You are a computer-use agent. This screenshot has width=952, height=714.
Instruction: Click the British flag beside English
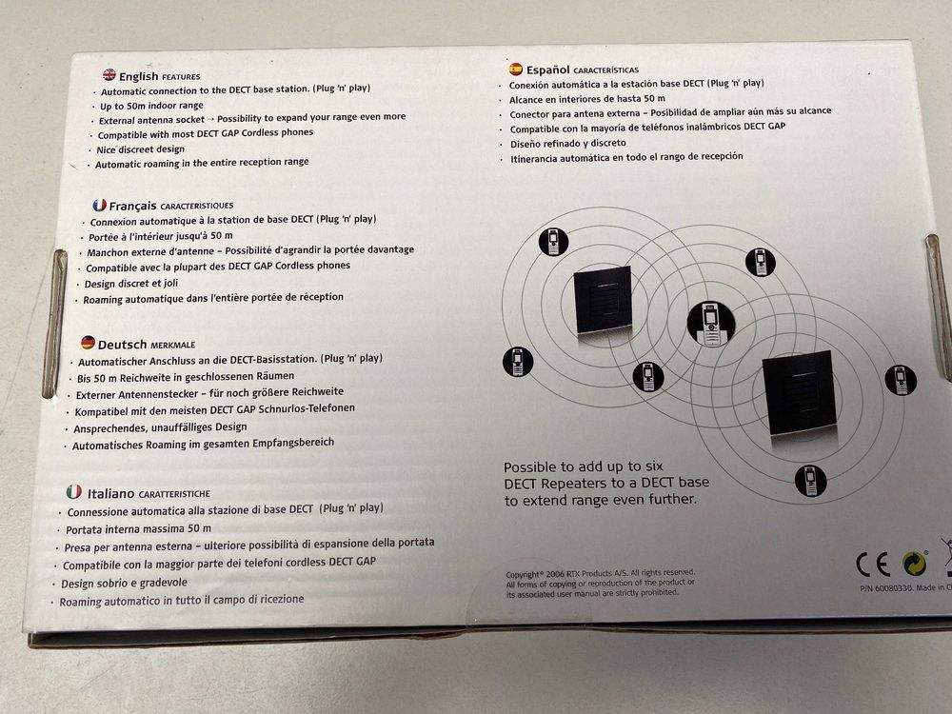point(109,75)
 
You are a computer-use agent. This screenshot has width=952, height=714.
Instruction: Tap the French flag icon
point(98,205)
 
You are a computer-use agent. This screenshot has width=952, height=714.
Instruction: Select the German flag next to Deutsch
point(87,342)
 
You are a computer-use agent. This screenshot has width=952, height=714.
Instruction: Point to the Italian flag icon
point(73,492)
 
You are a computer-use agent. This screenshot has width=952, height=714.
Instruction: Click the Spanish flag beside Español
point(515,69)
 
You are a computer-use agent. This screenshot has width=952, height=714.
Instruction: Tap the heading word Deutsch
point(121,342)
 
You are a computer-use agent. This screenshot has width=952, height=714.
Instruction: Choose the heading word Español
point(547,69)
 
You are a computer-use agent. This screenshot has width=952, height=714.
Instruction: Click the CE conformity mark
point(873,565)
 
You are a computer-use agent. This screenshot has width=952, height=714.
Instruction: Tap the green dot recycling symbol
point(915,565)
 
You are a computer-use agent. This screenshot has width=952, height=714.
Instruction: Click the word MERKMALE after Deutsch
point(178,343)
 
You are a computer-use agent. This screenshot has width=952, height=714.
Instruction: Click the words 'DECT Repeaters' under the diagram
point(553,484)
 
